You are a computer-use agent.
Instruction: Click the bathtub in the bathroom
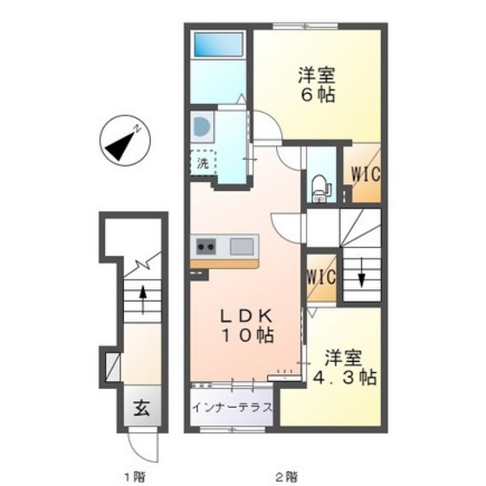tap(218, 44)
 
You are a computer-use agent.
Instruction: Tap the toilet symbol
tap(321, 189)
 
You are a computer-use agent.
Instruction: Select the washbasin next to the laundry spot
tap(202, 127)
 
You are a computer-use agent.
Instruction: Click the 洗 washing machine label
tap(203, 163)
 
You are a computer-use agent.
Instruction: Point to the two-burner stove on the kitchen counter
tap(207, 246)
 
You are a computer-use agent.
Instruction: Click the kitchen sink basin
tap(241, 246)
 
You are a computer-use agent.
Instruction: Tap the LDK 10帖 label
tap(247, 325)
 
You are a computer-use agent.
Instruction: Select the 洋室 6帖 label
tap(317, 84)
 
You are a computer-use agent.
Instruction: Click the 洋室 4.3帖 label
tap(344, 367)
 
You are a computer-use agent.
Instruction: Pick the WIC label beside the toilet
tap(365, 174)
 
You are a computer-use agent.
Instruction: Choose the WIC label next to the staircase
tap(321, 277)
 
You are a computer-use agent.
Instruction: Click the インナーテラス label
tap(233, 407)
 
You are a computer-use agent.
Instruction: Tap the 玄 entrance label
tap(142, 408)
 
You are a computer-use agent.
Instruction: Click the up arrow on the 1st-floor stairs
tap(143, 299)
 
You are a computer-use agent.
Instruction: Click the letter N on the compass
tap(137, 128)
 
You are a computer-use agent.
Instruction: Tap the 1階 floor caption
tap(135, 476)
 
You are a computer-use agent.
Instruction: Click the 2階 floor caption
tap(286, 476)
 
